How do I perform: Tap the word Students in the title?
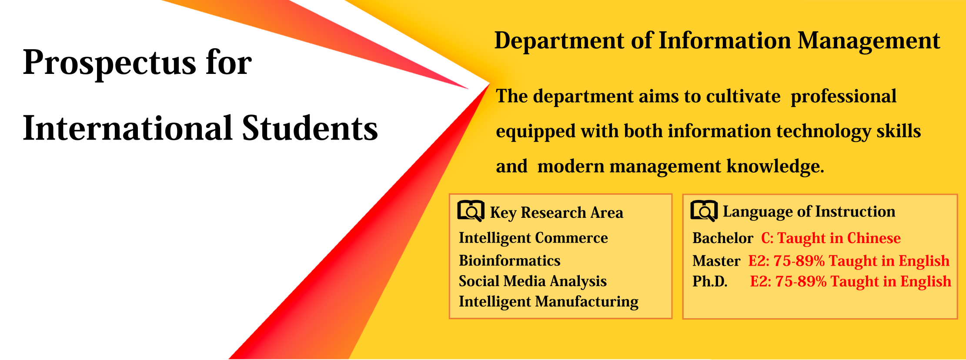pyautogui.click(x=310, y=128)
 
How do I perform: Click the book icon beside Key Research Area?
pyautogui.click(x=471, y=211)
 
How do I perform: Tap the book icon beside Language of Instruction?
pyautogui.click(x=704, y=211)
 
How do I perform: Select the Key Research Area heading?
pyautogui.click(x=557, y=213)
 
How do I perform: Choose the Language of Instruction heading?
pyautogui.click(x=809, y=212)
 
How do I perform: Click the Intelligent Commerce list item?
pyautogui.click(x=533, y=238)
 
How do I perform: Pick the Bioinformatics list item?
pyautogui.click(x=509, y=260)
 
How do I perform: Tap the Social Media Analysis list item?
pyautogui.click(x=533, y=281)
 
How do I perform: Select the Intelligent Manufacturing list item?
pyautogui.click(x=548, y=302)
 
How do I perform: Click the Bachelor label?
pyautogui.click(x=722, y=238)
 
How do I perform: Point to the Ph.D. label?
pyautogui.click(x=710, y=281)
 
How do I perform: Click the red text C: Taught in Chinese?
pyautogui.click(x=831, y=238)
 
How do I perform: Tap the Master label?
pyautogui.click(x=716, y=261)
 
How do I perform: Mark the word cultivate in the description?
pyautogui.click(x=743, y=96)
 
